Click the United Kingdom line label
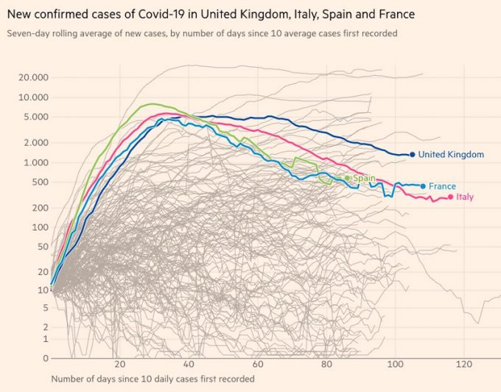point(451,155)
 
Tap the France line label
point(442,186)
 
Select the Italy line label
point(465,197)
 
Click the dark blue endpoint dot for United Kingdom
point(412,155)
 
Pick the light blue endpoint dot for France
point(423,186)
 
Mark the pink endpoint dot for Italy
point(451,197)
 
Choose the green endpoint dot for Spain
point(347,178)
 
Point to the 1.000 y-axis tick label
point(36,163)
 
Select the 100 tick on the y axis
point(40,227)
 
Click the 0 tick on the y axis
point(46,359)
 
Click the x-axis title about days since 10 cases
point(153,379)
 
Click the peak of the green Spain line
point(151,104)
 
